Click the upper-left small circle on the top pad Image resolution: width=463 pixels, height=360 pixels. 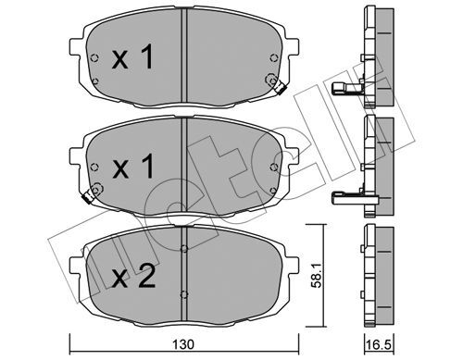tap(97, 60)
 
